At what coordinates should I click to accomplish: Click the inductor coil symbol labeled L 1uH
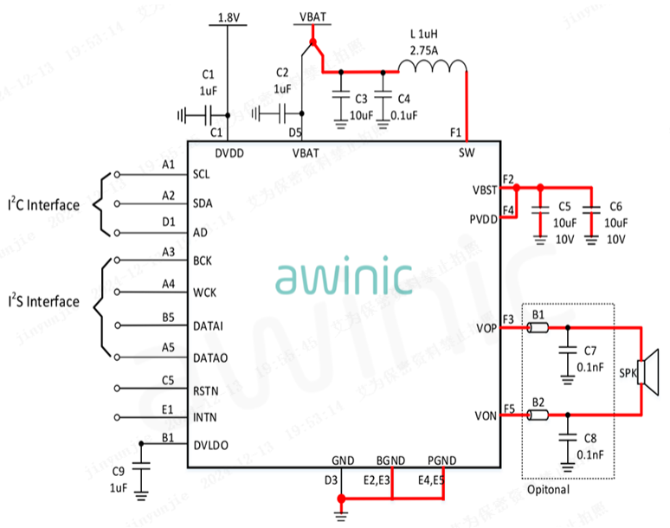coord(431,68)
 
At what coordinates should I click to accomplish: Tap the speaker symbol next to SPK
coord(648,372)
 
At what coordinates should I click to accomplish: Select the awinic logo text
coord(345,278)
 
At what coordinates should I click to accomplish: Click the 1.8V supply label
coord(229,16)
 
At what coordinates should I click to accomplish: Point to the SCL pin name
coord(202,174)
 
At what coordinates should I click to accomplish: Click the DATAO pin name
coord(211,357)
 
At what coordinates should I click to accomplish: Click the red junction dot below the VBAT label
coord(312,42)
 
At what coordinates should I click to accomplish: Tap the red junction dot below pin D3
coord(341,499)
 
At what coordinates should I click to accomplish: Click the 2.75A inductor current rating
coord(423,50)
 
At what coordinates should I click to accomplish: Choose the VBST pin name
coord(485,189)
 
